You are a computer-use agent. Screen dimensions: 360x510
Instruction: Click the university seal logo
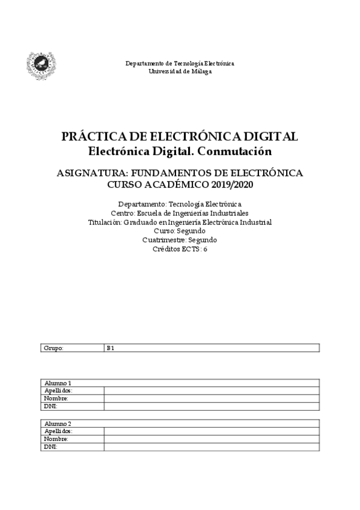click(x=41, y=66)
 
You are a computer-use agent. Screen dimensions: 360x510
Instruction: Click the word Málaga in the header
click(x=201, y=71)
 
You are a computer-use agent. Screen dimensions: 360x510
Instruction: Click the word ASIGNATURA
click(x=90, y=173)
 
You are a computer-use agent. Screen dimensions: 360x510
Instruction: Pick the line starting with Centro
click(x=180, y=214)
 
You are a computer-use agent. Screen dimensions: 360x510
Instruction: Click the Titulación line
click(x=180, y=222)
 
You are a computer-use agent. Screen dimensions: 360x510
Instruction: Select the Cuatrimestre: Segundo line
click(x=180, y=239)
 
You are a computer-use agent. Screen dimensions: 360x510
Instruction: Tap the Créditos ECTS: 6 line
click(x=180, y=248)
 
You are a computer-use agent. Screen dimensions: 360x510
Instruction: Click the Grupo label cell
click(x=72, y=348)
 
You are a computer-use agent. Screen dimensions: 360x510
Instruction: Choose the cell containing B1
click(x=211, y=348)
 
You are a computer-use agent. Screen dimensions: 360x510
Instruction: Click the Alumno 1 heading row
click(x=180, y=383)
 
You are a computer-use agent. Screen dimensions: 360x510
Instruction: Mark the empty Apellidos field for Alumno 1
click(x=211, y=391)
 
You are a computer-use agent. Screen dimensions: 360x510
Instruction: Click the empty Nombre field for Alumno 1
click(x=211, y=399)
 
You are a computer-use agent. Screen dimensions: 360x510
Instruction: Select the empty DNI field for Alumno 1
click(x=211, y=407)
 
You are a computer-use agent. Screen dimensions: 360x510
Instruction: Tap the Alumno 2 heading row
click(x=180, y=424)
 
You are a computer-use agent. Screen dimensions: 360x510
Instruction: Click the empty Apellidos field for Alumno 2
click(x=211, y=431)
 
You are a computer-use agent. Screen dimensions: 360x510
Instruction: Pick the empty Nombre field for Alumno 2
click(x=211, y=439)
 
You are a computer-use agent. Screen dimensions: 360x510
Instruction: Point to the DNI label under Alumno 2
click(x=50, y=447)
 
